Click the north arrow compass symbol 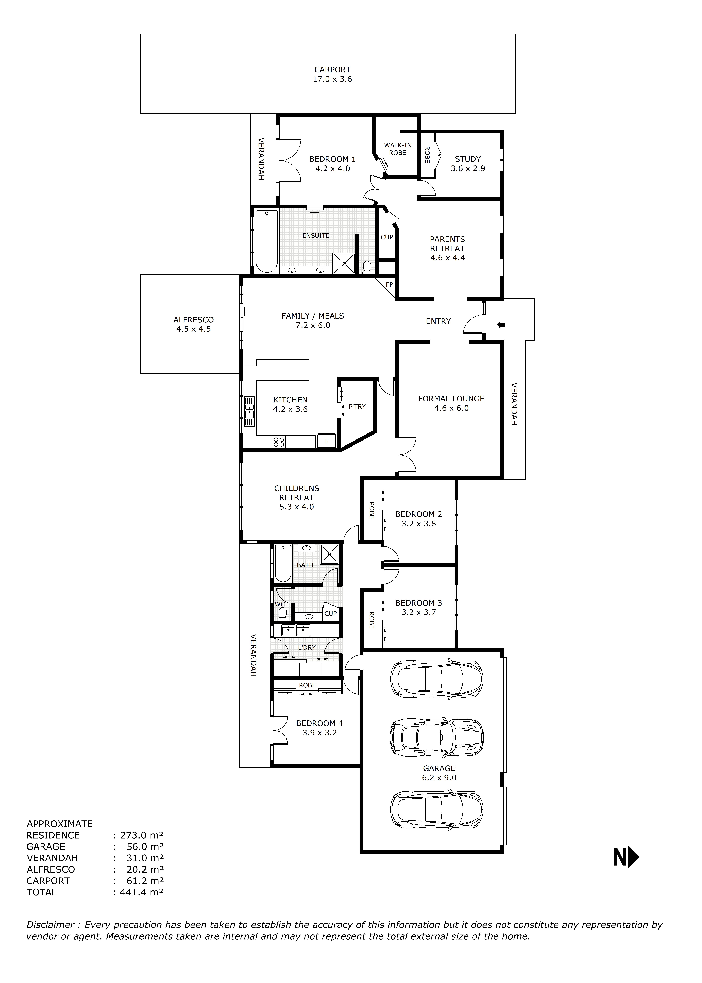[626, 857]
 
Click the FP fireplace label [389, 284]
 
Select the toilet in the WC [282, 613]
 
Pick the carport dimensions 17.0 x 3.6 [332, 79]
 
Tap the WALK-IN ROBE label [398, 149]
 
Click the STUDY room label [468, 159]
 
